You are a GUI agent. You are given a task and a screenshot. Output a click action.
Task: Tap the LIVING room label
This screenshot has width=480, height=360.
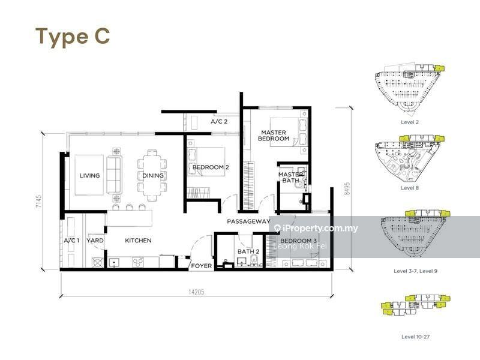point(90,176)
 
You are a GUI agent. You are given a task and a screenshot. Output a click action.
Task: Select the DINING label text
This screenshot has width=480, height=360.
point(152,176)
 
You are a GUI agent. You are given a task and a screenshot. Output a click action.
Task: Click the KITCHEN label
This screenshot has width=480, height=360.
point(138,241)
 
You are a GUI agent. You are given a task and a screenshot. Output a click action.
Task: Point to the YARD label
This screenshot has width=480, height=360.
point(95,241)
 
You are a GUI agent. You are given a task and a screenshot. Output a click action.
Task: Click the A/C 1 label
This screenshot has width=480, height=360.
point(72,241)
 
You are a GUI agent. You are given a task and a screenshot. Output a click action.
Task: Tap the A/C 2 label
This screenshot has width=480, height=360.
point(218,122)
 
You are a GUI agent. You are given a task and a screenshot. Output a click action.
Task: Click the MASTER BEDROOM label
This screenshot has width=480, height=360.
point(273,136)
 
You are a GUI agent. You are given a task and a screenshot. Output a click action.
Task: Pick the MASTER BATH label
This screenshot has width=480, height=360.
point(290,177)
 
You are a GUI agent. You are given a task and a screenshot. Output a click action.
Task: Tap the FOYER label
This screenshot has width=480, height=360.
point(200,265)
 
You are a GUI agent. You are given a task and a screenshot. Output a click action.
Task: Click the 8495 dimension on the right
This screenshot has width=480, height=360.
point(347,189)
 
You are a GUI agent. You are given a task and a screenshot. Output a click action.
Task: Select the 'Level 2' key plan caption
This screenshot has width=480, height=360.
point(410,121)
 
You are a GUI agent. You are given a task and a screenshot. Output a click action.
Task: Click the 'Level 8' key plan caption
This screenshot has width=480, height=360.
point(410,188)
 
